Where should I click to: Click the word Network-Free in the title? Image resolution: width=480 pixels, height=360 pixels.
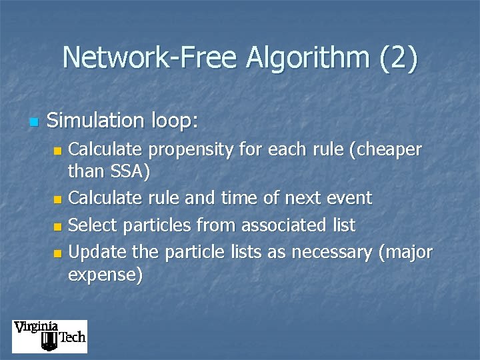click(x=149, y=58)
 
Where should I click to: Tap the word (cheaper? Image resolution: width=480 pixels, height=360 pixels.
click(x=386, y=150)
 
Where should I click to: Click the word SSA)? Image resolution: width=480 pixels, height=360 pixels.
click(x=128, y=172)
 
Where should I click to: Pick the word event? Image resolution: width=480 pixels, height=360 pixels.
click(x=346, y=198)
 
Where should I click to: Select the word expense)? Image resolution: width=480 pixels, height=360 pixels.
click(x=105, y=275)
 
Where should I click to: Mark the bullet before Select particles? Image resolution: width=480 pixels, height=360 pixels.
click(x=58, y=227)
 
